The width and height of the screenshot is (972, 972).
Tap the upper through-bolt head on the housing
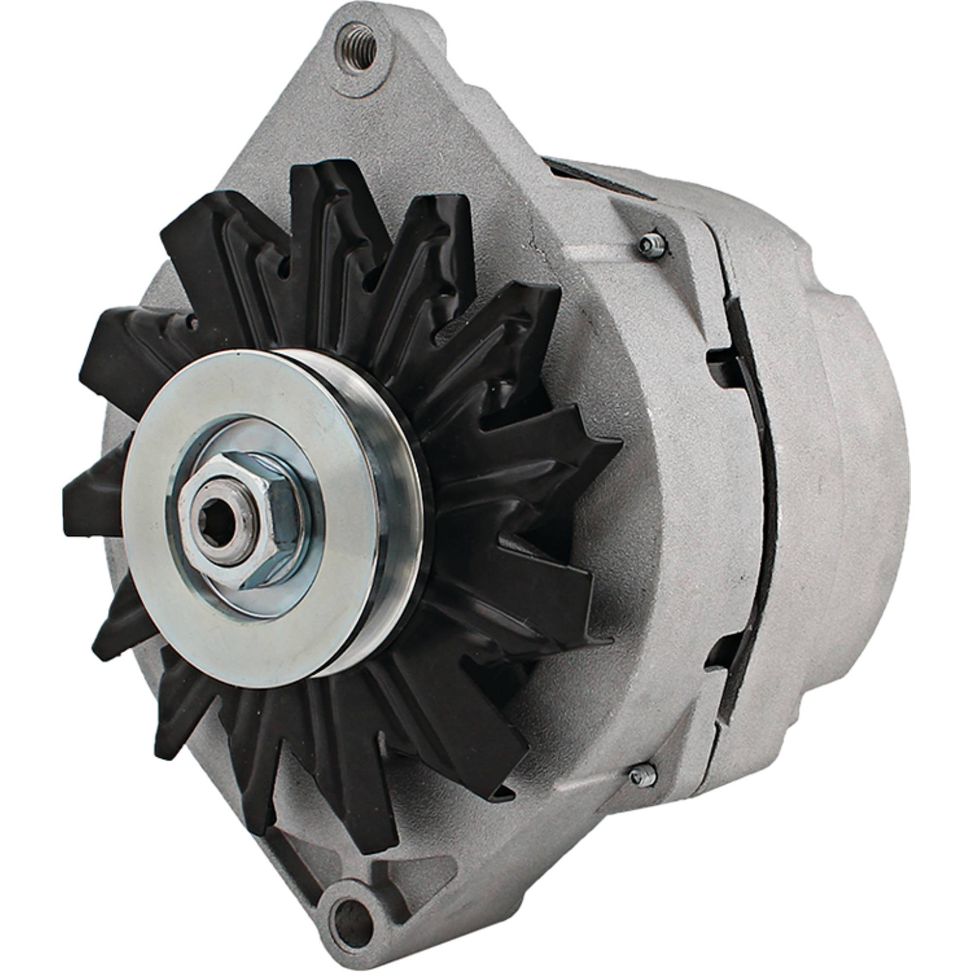coord(653,245)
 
